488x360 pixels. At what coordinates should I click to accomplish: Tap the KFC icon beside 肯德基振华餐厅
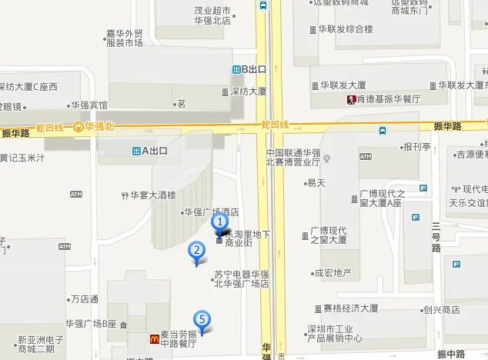(x=350, y=99)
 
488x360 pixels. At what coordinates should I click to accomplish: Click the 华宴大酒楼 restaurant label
(x=153, y=195)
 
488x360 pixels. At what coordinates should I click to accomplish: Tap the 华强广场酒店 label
(x=209, y=212)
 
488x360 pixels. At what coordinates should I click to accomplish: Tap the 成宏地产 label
(x=332, y=272)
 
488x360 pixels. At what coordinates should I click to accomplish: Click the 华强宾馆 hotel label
(x=88, y=105)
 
